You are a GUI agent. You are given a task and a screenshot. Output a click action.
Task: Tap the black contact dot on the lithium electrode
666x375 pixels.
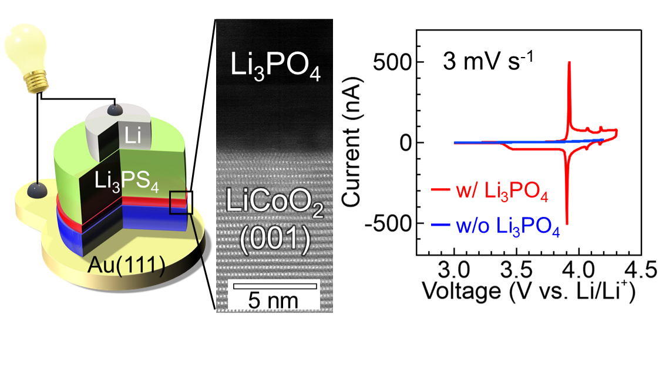click(x=116, y=109)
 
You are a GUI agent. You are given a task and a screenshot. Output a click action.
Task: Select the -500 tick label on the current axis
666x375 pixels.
click(x=388, y=223)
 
